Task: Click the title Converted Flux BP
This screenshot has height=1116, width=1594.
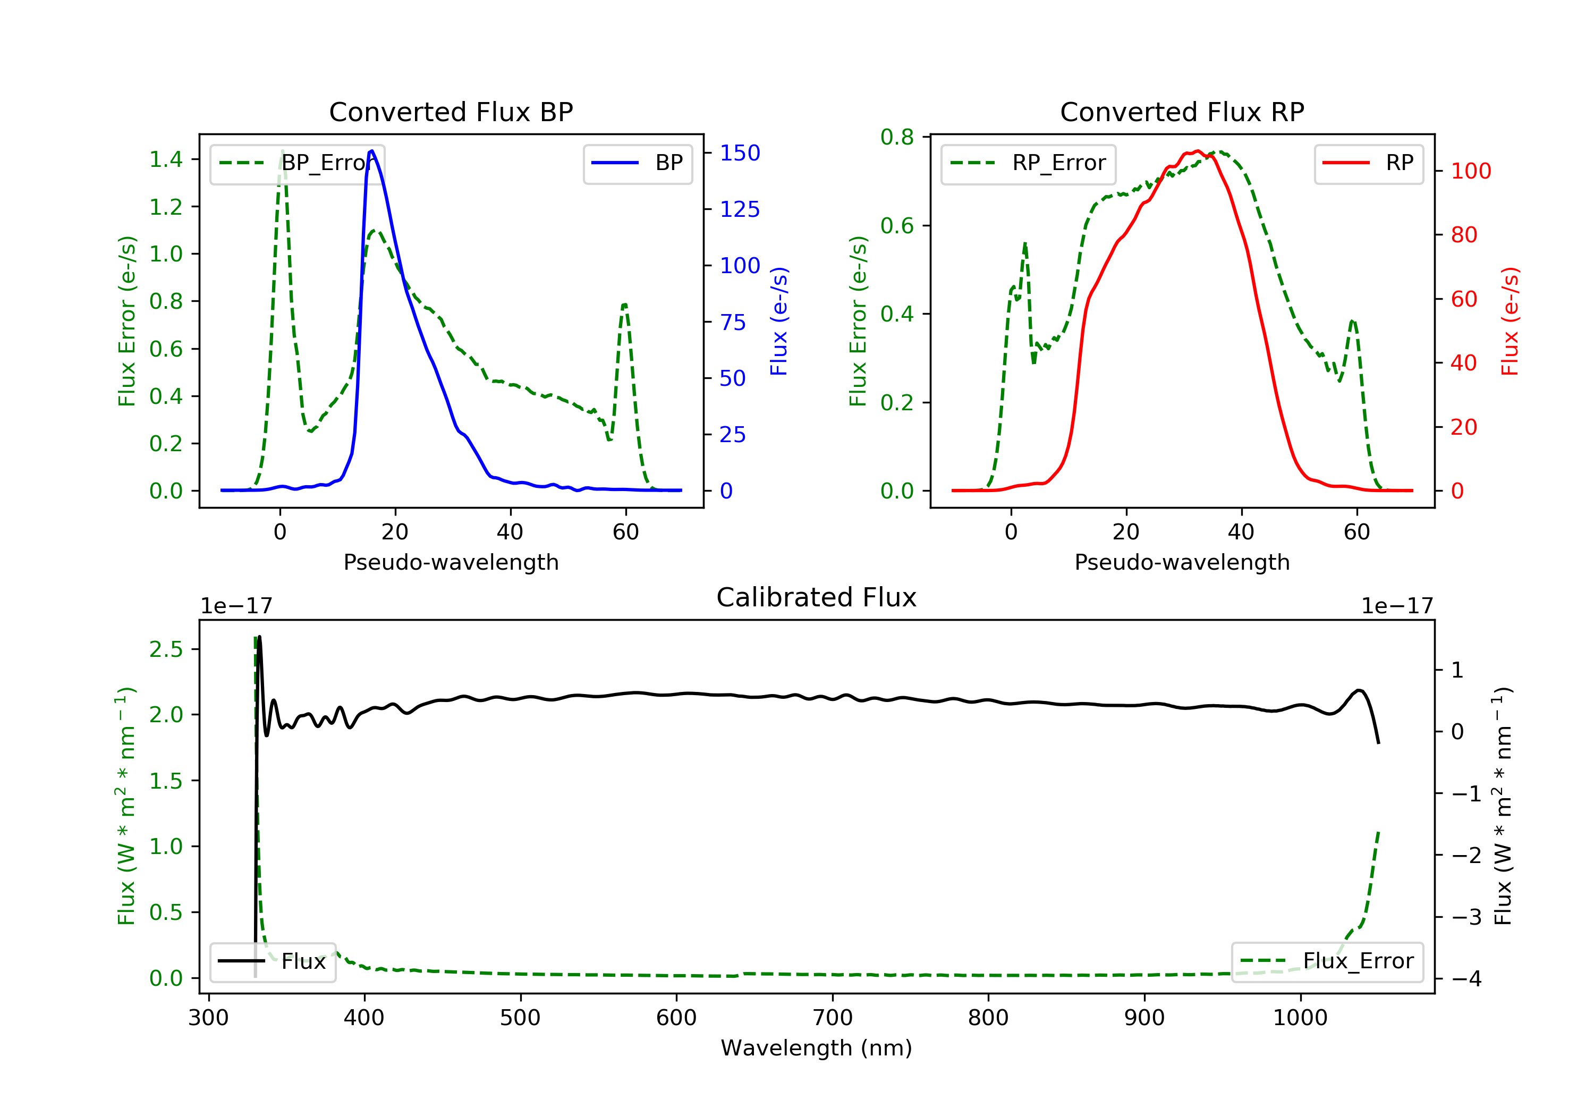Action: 451,112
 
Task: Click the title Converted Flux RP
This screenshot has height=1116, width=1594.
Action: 1182,112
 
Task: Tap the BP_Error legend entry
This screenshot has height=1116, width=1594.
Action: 297,163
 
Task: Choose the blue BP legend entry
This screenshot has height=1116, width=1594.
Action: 637,163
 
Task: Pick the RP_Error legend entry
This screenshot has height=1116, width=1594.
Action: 1028,163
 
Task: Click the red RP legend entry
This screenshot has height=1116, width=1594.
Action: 1368,163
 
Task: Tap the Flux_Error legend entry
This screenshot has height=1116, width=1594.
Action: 1327,961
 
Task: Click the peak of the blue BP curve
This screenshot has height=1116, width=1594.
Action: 372,151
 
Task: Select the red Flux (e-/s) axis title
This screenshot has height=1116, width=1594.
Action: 1510,321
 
